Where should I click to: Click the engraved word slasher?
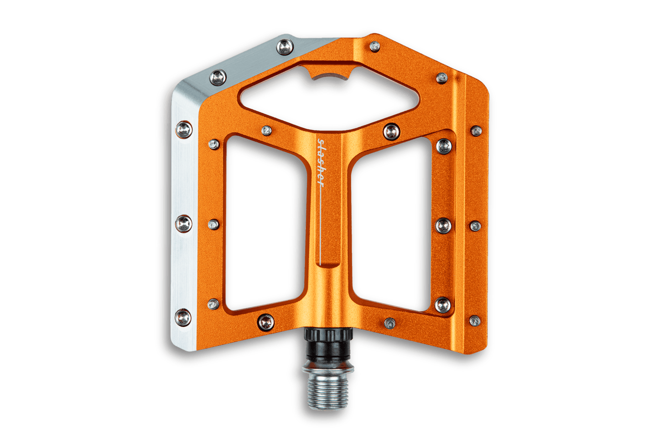(321, 162)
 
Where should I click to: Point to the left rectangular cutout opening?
(262, 228)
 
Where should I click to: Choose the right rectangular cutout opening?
(388, 228)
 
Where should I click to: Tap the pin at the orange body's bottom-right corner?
(475, 320)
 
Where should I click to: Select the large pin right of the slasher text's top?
(391, 131)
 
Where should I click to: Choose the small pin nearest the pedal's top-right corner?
(441, 78)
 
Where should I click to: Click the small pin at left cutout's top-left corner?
(213, 145)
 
